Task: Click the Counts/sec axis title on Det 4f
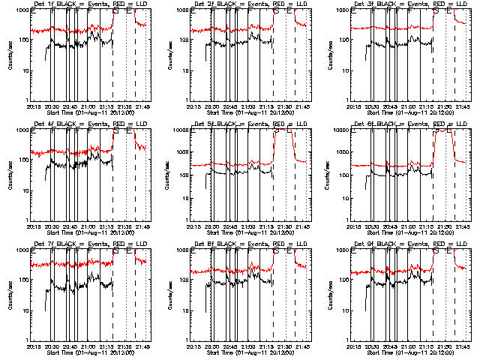[10, 175]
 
